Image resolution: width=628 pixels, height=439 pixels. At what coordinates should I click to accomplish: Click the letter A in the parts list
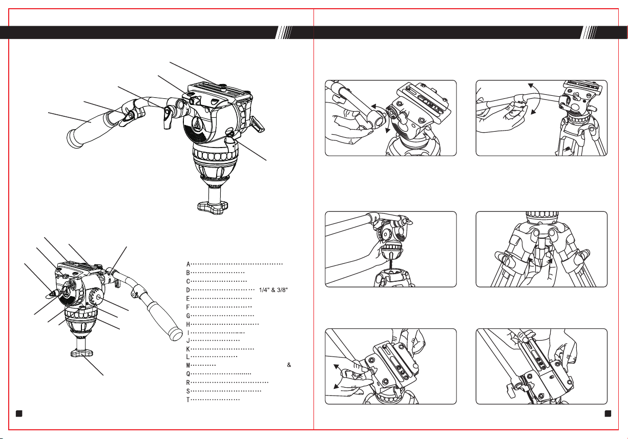tap(188, 264)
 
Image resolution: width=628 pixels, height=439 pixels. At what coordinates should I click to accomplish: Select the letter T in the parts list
tap(188, 400)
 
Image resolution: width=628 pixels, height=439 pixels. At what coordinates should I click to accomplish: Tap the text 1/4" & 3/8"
tap(274, 290)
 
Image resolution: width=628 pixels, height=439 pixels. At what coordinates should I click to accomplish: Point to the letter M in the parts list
tap(188, 365)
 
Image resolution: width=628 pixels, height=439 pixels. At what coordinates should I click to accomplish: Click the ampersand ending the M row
tap(289, 365)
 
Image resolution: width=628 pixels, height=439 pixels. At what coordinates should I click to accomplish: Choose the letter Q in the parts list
tap(188, 373)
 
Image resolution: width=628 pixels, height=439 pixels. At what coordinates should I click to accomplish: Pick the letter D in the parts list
tap(188, 290)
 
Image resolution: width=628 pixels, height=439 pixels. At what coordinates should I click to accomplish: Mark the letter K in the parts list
tap(188, 349)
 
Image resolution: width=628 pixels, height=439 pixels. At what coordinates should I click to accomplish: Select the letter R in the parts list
tap(188, 383)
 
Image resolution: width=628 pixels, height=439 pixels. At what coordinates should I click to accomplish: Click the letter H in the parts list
tap(188, 324)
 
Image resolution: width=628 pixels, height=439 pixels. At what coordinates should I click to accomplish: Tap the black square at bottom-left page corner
tap(19, 413)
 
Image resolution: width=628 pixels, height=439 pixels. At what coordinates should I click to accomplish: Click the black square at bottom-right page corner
tap(608, 413)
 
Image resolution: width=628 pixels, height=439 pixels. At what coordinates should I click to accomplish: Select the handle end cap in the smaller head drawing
tap(176, 333)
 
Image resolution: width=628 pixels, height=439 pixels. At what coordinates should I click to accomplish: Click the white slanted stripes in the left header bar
tap(284, 32)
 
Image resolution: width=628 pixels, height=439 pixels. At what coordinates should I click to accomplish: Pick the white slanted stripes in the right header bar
tap(589, 32)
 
